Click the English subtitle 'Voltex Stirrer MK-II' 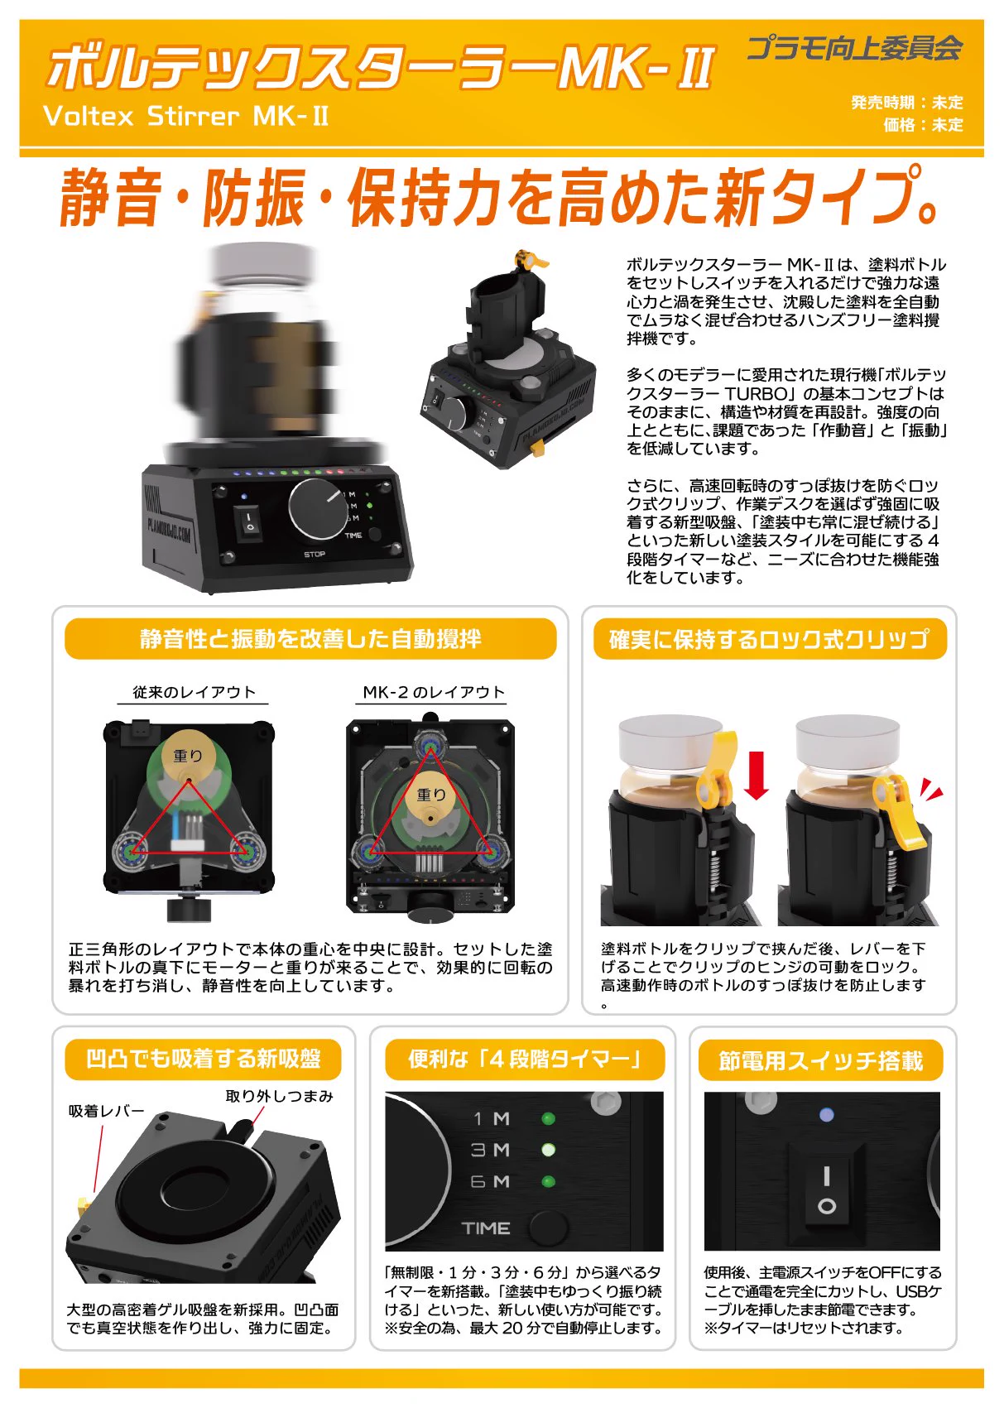click(185, 116)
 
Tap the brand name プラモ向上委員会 click(854, 48)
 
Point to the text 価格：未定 click(923, 124)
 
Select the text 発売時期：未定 click(907, 103)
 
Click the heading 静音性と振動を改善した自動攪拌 click(310, 639)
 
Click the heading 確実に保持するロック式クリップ click(770, 639)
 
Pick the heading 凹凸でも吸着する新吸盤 click(203, 1059)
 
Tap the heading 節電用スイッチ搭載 click(821, 1060)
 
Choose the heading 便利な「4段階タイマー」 click(524, 1060)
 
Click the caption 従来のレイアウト click(194, 692)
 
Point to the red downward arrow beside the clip click(757, 776)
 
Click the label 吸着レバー click(106, 1112)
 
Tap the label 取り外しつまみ click(279, 1096)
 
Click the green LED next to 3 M click(548, 1150)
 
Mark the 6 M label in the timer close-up click(490, 1182)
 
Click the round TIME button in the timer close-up click(548, 1227)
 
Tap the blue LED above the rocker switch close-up click(826, 1114)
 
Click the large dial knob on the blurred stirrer click(317, 508)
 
